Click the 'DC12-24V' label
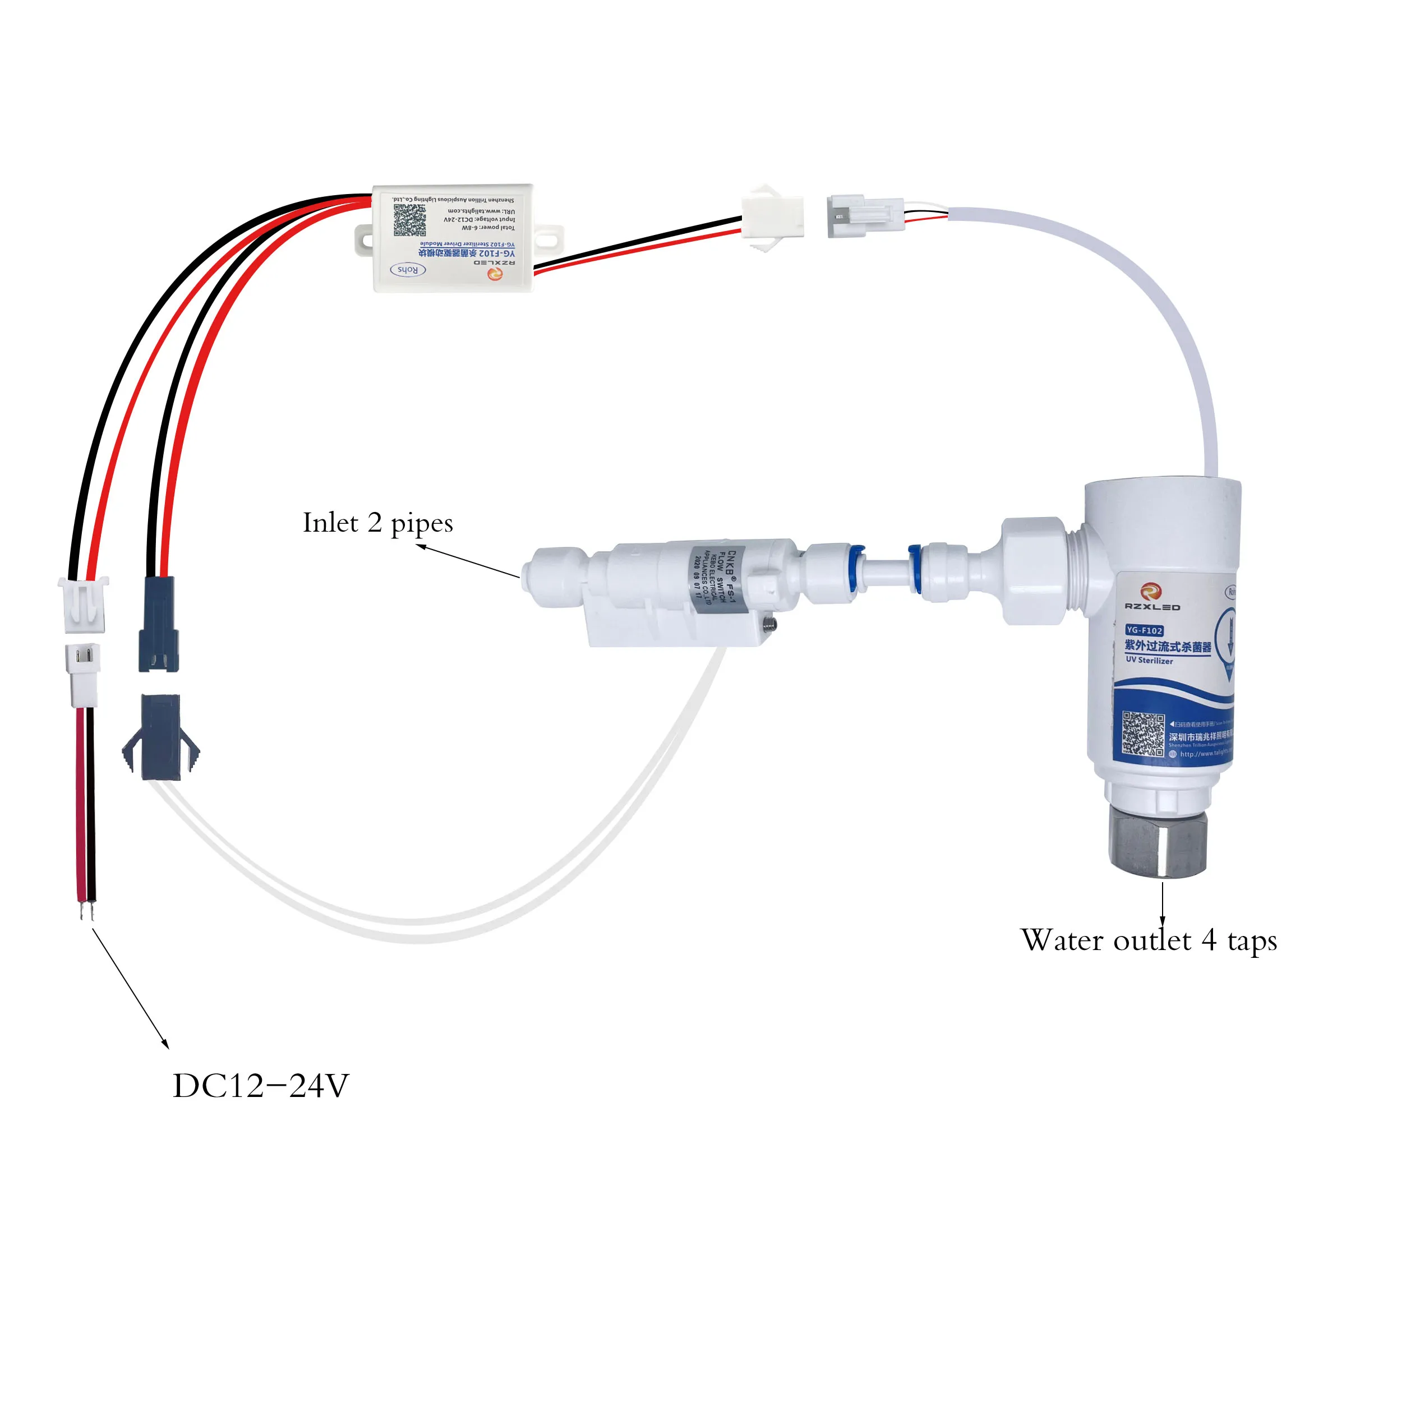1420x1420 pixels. tap(261, 1086)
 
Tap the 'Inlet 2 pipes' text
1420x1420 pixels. tap(378, 523)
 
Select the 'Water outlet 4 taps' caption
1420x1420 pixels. tap(1148, 940)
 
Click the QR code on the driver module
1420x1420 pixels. tap(409, 220)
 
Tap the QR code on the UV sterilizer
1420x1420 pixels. tap(1144, 734)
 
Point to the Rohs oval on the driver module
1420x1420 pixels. tap(408, 270)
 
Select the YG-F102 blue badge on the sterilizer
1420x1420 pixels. tap(1145, 630)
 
